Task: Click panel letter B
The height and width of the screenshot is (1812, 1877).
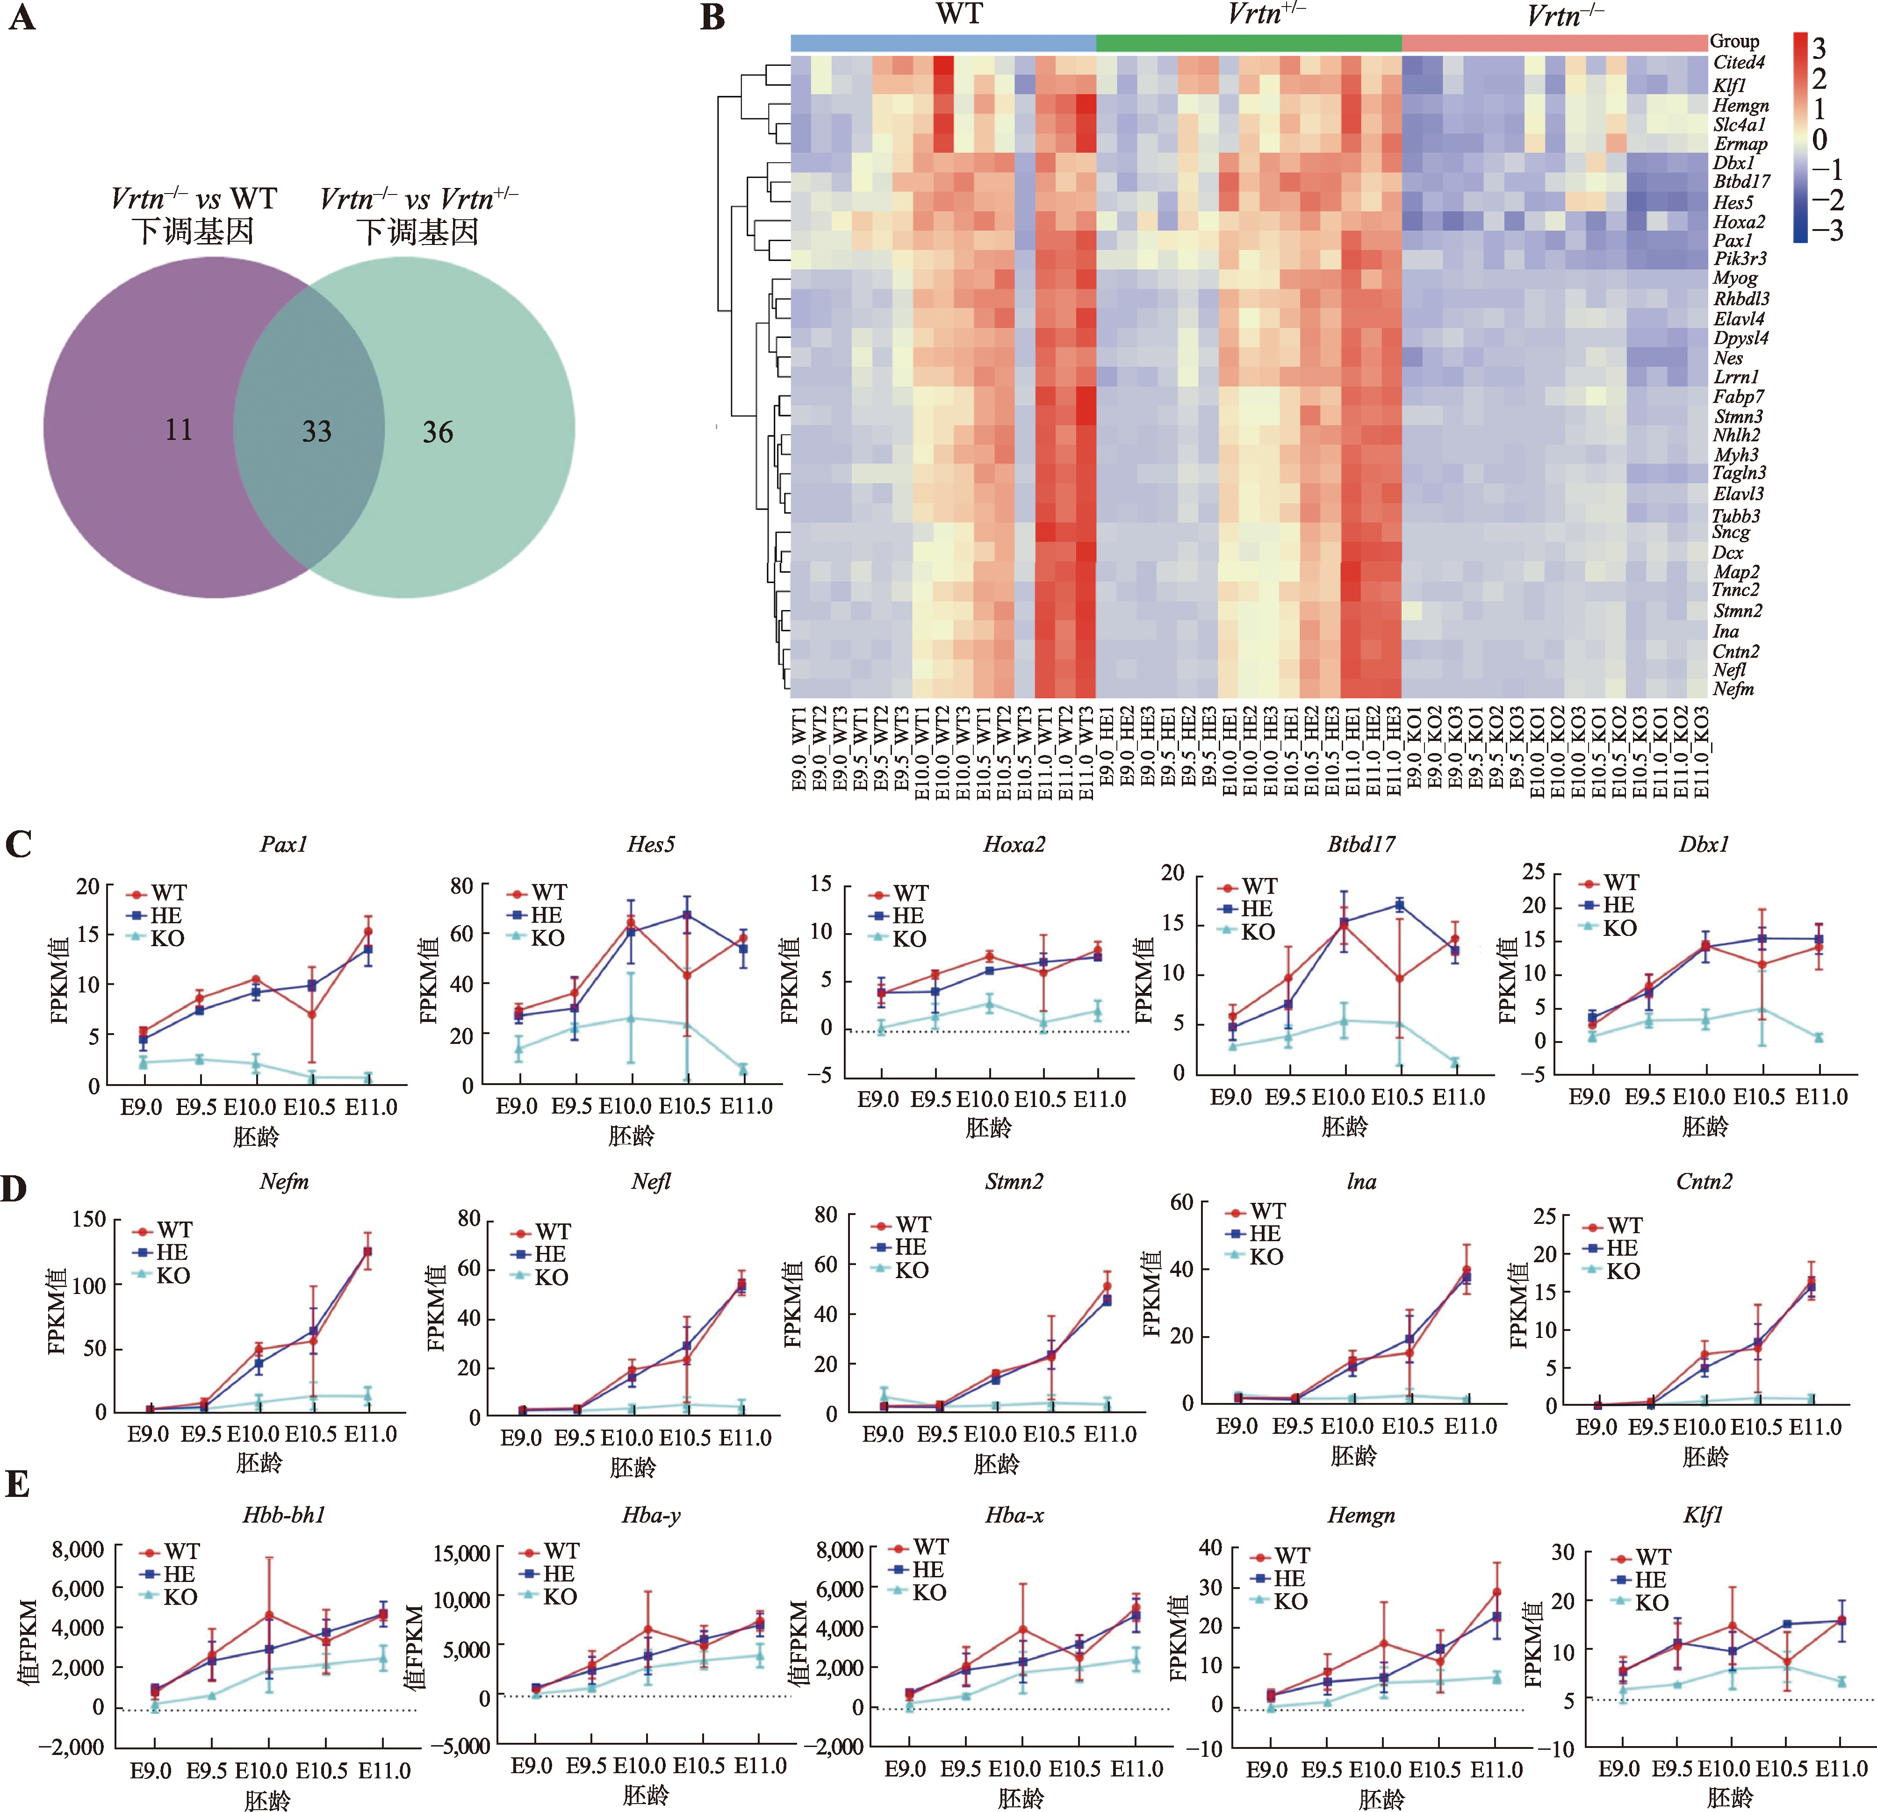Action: point(712,18)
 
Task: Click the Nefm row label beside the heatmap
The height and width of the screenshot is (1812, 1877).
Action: point(1733,689)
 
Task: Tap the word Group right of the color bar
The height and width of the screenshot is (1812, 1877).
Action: point(1734,41)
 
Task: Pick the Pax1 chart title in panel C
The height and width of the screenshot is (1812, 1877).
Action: point(283,844)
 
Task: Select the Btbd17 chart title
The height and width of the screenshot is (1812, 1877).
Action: point(1361,844)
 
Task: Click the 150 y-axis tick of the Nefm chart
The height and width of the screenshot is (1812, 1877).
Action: point(89,1219)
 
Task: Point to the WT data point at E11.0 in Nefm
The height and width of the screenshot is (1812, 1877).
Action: point(367,1251)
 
